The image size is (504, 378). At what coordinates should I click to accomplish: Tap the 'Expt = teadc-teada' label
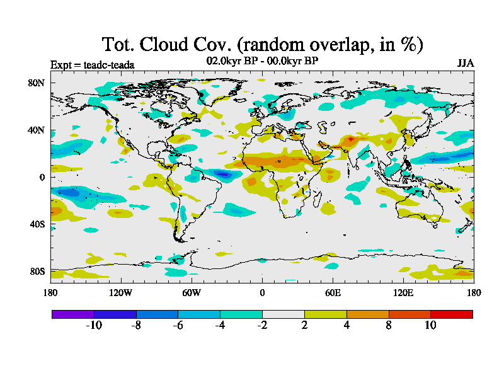(x=92, y=64)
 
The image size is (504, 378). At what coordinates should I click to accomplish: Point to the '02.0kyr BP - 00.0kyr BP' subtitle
(x=262, y=61)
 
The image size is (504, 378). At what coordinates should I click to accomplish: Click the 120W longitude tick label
(x=121, y=292)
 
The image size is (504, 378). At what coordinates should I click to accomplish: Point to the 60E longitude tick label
(x=333, y=292)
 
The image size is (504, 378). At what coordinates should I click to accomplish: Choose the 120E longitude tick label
(x=403, y=292)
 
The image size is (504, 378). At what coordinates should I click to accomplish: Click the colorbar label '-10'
(x=93, y=325)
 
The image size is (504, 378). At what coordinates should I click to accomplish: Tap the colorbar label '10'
(x=430, y=325)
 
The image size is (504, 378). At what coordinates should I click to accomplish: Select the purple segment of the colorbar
(x=72, y=314)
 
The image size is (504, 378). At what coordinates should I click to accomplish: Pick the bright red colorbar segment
(x=451, y=314)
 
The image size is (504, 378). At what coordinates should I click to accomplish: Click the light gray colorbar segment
(x=283, y=314)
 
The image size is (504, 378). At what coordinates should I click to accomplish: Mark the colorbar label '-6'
(x=177, y=325)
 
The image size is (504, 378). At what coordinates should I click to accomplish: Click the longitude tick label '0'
(x=262, y=292)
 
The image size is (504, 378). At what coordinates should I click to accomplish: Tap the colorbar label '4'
(x=346, y=325)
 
